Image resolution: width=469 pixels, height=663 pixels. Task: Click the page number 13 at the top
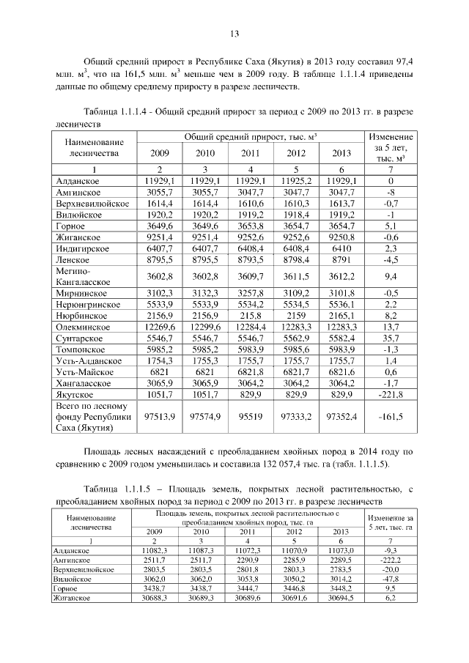pyautogui.click(x=234, y=34)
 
